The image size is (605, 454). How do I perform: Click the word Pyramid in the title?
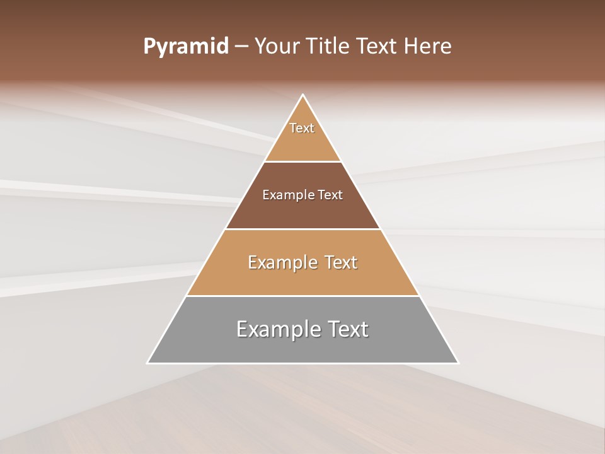click(x=185, y=47)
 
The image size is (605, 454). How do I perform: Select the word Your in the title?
click(x=275, y=47)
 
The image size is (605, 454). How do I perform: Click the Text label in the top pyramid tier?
click(x=302, y=128)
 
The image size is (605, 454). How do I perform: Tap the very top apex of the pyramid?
click(x=303, y=95)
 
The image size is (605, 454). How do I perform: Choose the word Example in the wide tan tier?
click(x=280, y=262)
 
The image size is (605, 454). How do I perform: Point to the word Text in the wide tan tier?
click(x=338, y=262)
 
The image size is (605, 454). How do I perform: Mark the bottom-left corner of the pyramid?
click(x=147, y=363)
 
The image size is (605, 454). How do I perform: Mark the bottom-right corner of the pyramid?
click(x=458, y=363)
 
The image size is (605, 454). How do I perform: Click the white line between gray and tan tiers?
click(x=302, y=296)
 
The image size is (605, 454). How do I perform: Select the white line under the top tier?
click(x=302, y=161)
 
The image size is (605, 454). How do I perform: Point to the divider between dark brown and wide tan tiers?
click(x=302, y=229)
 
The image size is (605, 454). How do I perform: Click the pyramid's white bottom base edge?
click(x=302, y=363)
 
